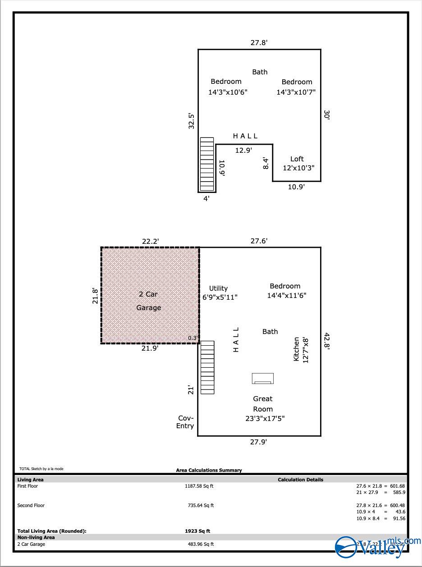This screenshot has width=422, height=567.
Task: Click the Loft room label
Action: (297, 159)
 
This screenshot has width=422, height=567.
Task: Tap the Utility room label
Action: (218, 288)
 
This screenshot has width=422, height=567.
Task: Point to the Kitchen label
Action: (296, 349)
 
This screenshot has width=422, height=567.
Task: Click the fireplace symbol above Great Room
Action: (263, 378)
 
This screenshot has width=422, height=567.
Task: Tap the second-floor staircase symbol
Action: (207, 164)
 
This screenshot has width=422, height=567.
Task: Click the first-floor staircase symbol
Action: (207, 367)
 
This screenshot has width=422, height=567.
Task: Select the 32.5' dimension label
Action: (192, 121)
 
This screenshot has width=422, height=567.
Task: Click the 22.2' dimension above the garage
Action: (151, 242)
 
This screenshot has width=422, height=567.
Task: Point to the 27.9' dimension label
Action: (259, 442)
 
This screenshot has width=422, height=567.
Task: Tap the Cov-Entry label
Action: (185, 422)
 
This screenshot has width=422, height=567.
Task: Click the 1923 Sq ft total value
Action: (197, 531)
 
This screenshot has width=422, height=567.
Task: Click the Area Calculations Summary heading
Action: (209, 470)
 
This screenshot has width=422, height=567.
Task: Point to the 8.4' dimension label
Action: (266, 163)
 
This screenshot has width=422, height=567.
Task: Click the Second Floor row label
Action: (31, 506)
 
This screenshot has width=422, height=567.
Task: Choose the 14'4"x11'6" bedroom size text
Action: (287, 296)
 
